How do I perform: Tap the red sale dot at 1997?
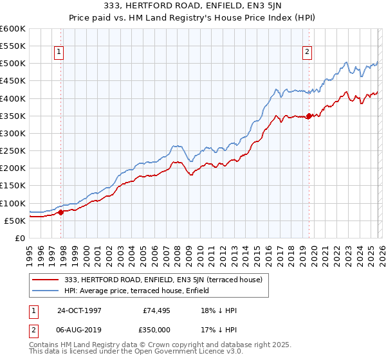click(x=61, y=212)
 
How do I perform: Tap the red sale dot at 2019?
click(x=309, y=116)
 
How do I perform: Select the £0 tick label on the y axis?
click(x=19, y=239)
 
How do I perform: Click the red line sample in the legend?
click(x=46, y=280)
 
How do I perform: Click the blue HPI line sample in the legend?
click(x=46, y=290)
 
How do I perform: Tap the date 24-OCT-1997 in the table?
click(x=79, y=310)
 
